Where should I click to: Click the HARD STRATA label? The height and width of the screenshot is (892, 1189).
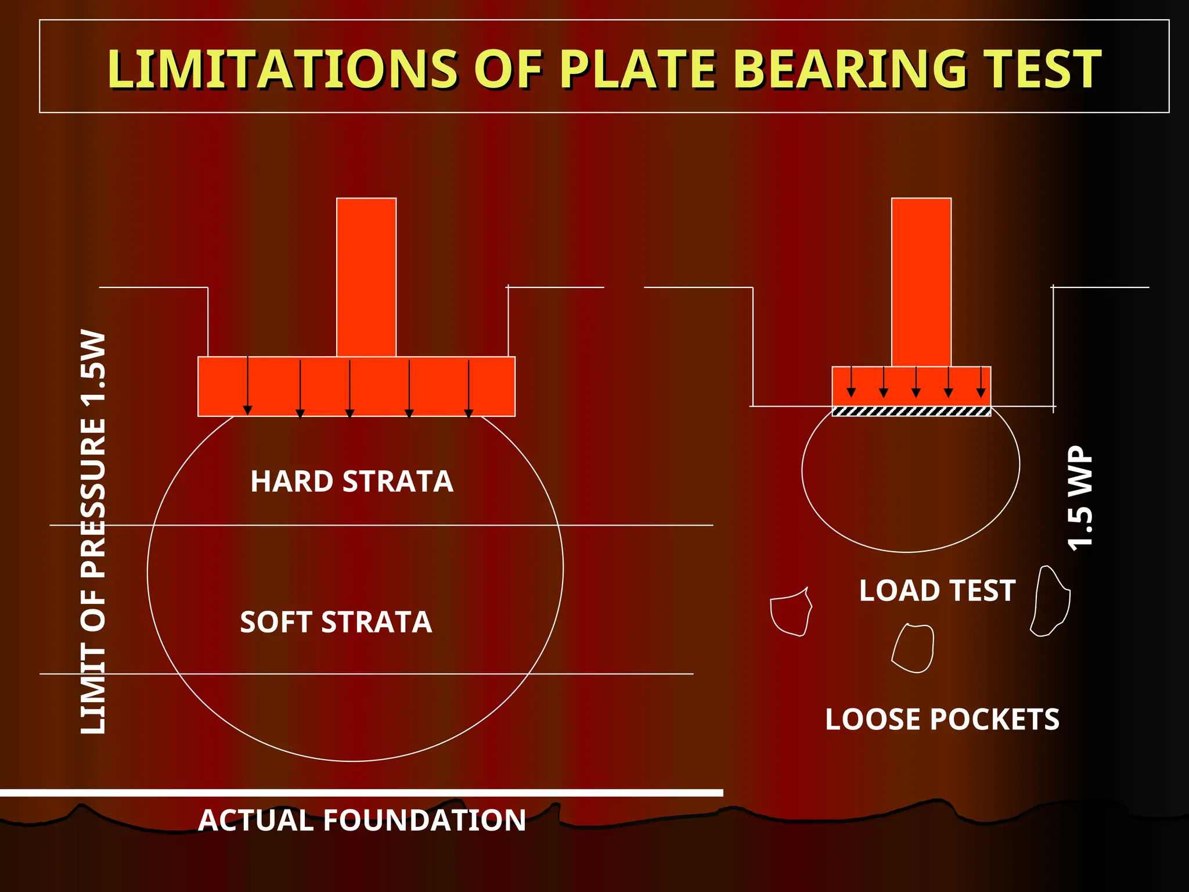click(352, 481)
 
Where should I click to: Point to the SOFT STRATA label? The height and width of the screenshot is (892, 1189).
click(336, 622)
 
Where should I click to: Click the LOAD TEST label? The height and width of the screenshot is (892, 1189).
click(937, 591)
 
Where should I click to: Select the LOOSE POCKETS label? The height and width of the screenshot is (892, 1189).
click(942, 720)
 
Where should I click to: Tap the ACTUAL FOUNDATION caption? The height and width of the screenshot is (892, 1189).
click(362, 821)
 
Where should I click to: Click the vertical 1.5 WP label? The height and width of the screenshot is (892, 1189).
click(1080, 498)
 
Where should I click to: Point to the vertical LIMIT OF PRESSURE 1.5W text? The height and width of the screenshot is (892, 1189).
click(93, 532)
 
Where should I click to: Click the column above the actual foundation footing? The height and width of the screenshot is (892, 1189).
click(366, 277)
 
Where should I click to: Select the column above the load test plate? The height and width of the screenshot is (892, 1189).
click(921, 282)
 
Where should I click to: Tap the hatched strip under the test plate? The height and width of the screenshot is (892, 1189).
click(911, 411)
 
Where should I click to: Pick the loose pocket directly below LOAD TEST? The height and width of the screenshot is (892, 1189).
click(913, 648)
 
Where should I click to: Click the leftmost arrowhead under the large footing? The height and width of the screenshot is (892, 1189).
click(248, 411)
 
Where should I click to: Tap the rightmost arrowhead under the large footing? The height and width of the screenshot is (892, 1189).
click(469, 413)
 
